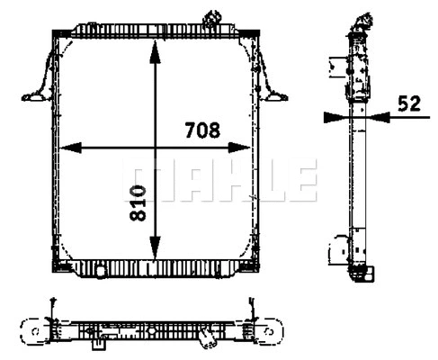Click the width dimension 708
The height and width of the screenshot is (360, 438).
pos(202,130)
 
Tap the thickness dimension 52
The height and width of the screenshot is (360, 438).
pos(409,103)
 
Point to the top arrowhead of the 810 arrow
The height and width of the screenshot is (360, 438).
pos(156,47)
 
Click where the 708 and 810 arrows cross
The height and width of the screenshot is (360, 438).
pos(156,148)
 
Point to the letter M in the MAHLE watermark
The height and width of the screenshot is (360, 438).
pos(139,180)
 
